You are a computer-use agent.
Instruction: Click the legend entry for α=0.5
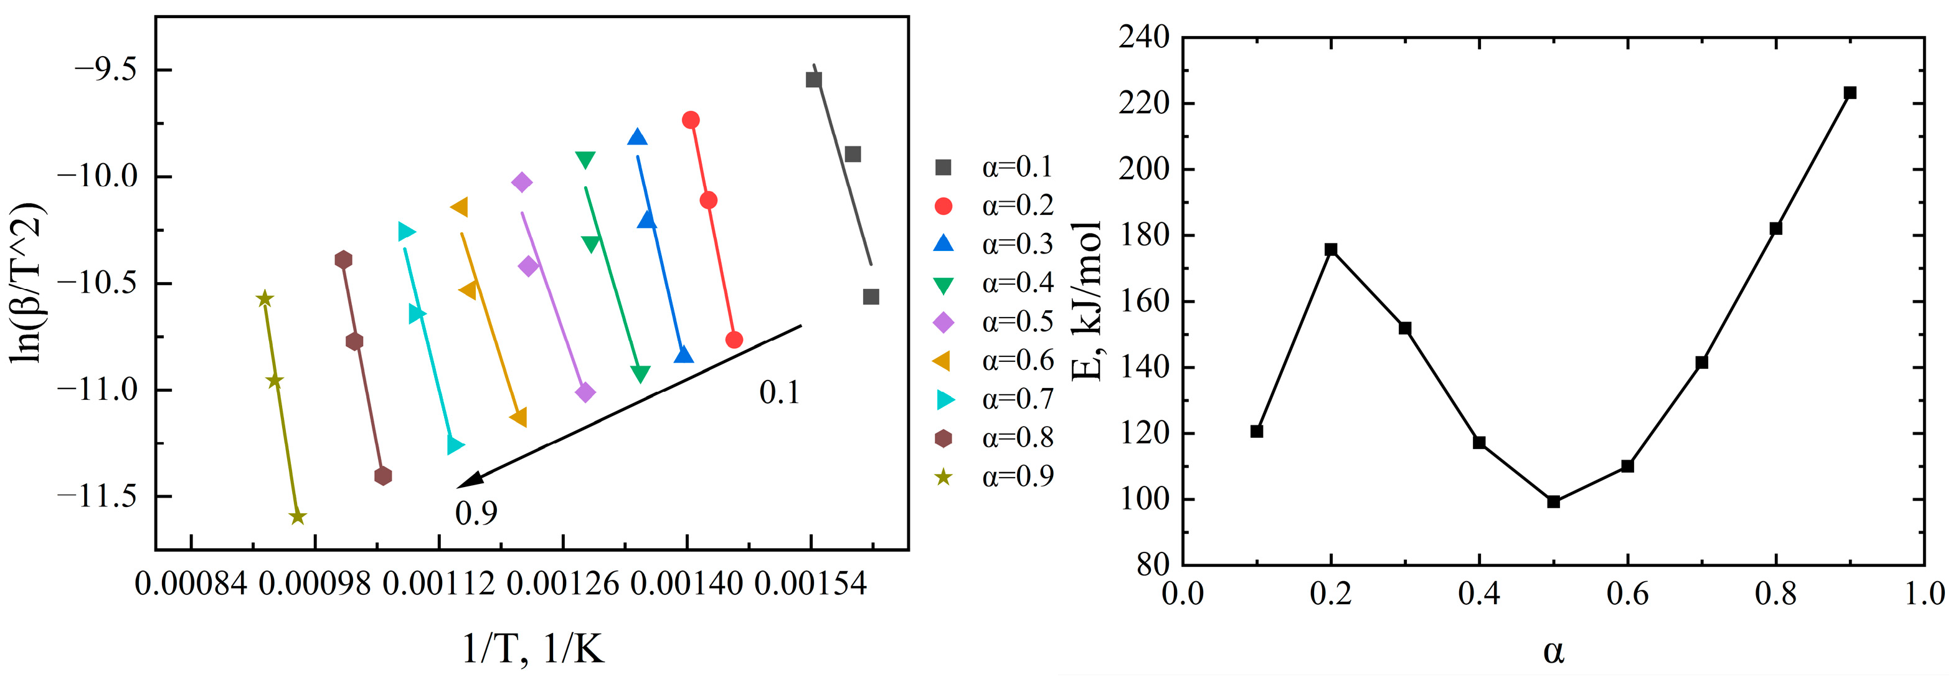pos(993,323)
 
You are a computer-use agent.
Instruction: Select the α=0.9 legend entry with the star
pos(993,476)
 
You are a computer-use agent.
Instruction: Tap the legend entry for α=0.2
pos(993,206)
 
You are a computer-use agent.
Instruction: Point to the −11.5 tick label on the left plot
pos(97,497)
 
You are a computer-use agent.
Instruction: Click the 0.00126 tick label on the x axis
pos(562,585)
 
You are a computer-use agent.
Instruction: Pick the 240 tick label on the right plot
pos(1143,37)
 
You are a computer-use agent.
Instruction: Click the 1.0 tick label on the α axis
pos(1924,593)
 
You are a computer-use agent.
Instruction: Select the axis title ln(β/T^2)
pos(29,283)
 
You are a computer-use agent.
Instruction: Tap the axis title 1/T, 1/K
pos(533,650)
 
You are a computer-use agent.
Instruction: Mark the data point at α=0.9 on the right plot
pos(1850,93)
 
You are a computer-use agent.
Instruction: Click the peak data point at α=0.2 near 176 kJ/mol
pos(1331,250)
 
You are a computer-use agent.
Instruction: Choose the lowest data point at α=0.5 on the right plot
pos(1553,501)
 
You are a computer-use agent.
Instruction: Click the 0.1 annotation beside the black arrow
pos(779,393)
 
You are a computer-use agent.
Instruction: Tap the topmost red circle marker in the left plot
pos(691,120)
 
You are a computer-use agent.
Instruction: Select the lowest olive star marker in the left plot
pos(297,516)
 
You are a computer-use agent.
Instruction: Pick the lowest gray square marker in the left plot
pos(871,296)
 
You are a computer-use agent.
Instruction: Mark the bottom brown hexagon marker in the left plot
pos(383,476)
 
